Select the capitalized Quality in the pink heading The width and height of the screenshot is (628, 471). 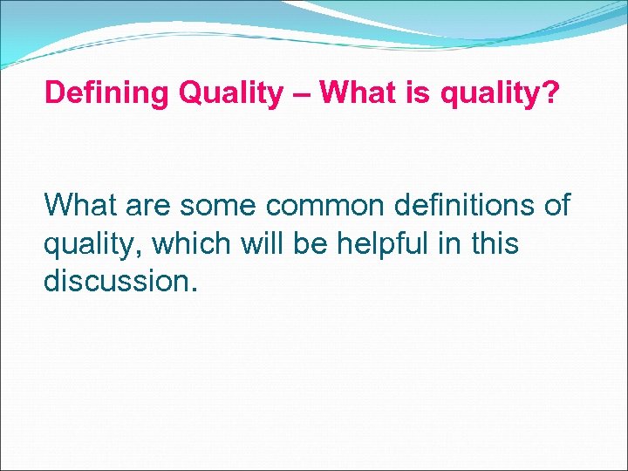227,93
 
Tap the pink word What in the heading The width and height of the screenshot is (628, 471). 354,93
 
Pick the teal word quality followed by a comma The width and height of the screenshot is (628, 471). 93,245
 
